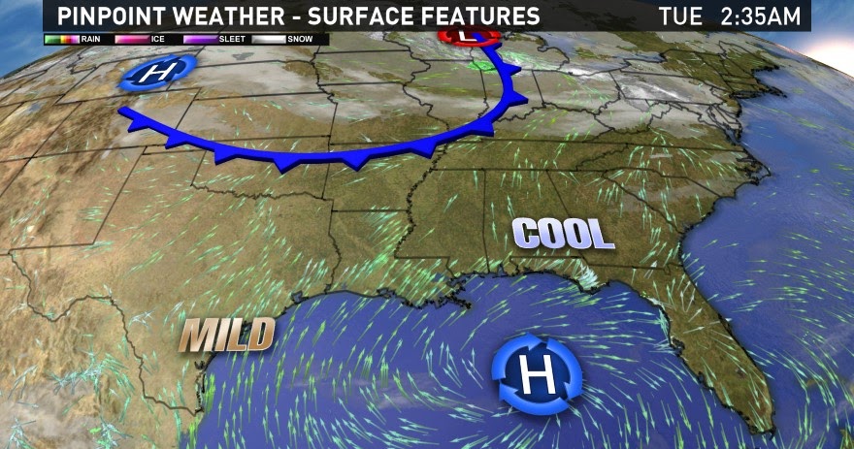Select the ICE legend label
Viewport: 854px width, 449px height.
coord(158,40)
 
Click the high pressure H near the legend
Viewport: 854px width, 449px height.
coord(157,73)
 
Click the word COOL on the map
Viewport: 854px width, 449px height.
coord(564,234)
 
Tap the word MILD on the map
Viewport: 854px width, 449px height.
coord(227,336)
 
